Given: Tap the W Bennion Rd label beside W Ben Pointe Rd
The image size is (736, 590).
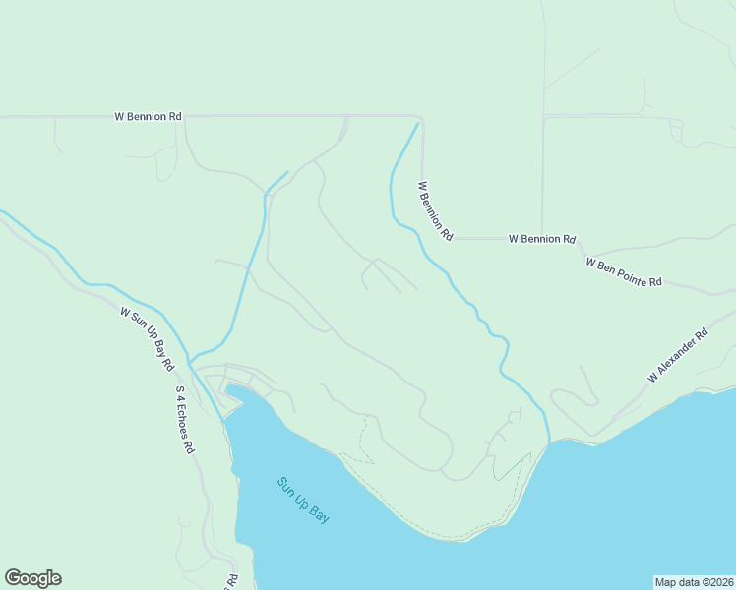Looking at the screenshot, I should click(541, 239).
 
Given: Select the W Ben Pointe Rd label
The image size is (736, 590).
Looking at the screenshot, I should click(624, 271).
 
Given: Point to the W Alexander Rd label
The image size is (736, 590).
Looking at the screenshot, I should click(678, 356).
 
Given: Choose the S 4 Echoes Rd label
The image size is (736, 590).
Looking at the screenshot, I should click(185, 419).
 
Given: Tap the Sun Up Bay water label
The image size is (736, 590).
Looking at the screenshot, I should click(303, 500).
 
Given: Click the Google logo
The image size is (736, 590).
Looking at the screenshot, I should click(32, 578).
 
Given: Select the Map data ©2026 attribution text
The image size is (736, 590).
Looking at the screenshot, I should click(695, 582).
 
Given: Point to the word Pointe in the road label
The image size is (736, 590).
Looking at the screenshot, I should click(633, 275).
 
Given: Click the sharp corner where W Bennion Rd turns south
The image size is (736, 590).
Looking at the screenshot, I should click(421, 117).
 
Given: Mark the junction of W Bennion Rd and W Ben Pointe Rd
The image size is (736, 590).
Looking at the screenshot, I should click(577, 240).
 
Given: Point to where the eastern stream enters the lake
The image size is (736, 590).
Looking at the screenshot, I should click(548, 441).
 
